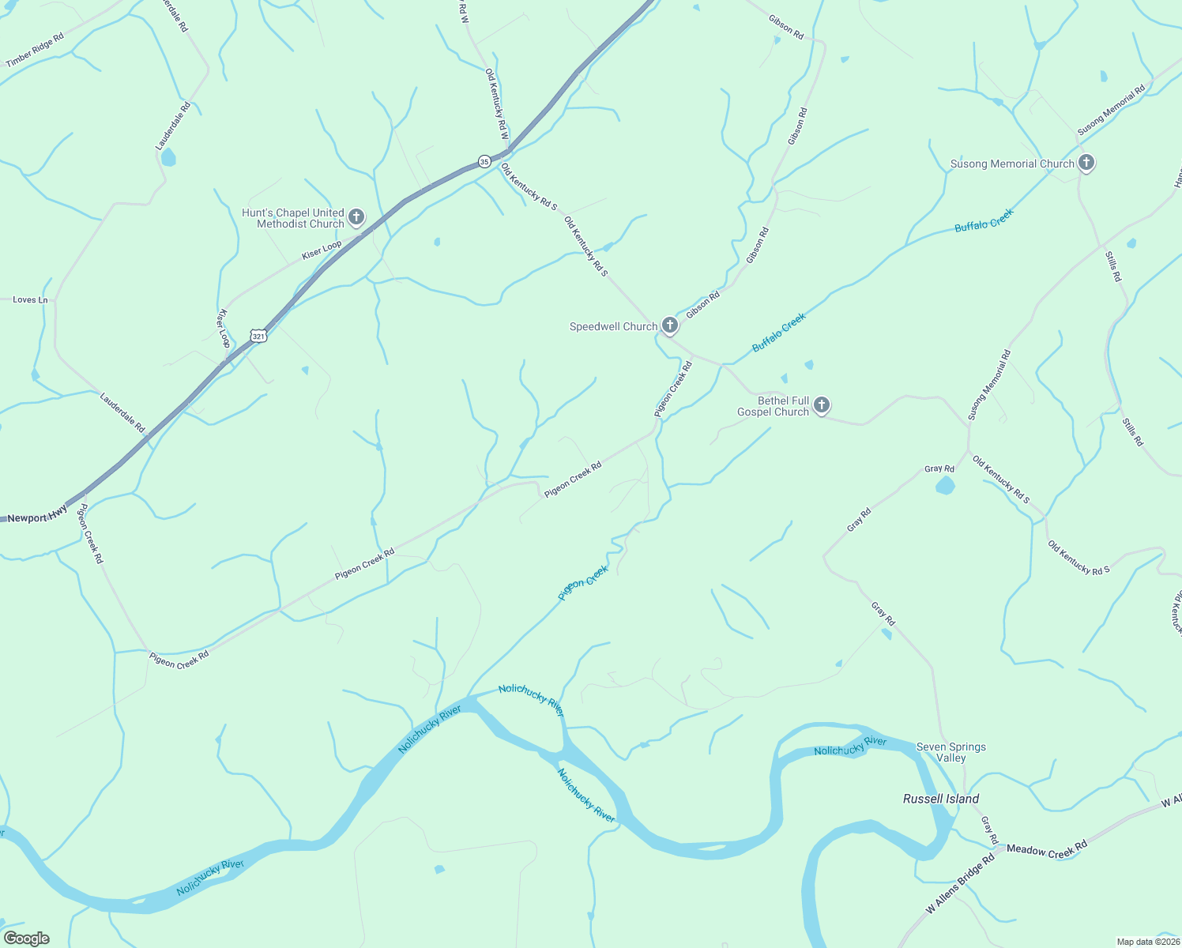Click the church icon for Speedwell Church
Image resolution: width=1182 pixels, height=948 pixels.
(669, 325)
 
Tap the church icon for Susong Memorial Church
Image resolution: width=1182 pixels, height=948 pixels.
(1086, 164)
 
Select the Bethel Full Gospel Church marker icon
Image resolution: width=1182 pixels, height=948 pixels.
(822, 406)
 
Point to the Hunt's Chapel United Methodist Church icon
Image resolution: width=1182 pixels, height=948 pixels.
(356, 217)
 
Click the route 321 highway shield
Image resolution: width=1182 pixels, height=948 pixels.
(258, 336)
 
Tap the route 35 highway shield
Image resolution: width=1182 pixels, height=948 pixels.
(484, 161)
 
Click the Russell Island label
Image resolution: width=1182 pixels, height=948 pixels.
(941, 799)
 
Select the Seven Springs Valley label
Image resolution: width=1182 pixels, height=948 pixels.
(950, 752)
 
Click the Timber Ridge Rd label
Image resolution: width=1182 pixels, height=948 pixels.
(35, 51)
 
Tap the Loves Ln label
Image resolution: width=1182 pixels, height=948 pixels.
(30, 300)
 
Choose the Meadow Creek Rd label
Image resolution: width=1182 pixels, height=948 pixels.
(1047, 848)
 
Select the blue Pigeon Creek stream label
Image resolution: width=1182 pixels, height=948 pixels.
(583, 582)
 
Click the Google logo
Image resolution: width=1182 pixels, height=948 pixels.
(27, 939)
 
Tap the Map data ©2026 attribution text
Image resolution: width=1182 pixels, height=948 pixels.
(1147, 942)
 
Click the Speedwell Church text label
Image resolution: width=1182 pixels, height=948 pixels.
(613, 326)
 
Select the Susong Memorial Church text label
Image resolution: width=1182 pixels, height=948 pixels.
(1012, 164)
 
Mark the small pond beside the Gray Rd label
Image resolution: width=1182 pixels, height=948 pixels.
(945, 485)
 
